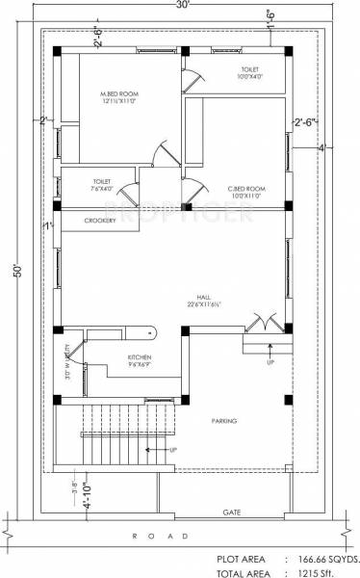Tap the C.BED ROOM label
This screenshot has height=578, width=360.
[246, 189]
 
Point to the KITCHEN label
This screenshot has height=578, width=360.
[141, 356]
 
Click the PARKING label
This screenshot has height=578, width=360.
[224, 421]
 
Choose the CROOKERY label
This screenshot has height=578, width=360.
[100, 221]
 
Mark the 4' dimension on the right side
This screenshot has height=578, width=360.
[322, 147]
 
